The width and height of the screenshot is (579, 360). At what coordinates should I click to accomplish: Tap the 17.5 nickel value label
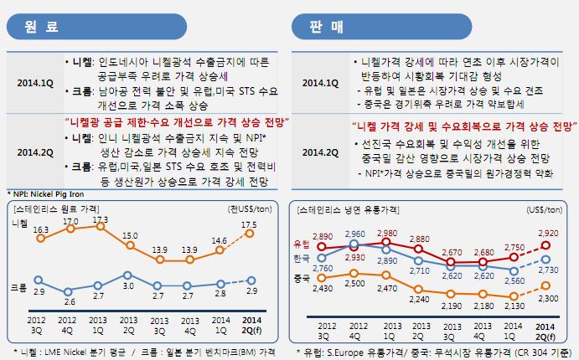click(x=249, y=224)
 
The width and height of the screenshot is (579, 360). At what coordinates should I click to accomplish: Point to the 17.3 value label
click(x=101, y=219)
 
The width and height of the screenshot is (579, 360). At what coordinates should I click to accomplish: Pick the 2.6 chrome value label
click(x=70, y=302)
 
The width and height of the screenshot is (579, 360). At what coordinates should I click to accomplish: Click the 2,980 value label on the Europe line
click(x=388, y=209)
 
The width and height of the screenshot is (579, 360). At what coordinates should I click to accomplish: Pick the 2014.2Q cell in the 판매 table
click(x=320, y=152)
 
